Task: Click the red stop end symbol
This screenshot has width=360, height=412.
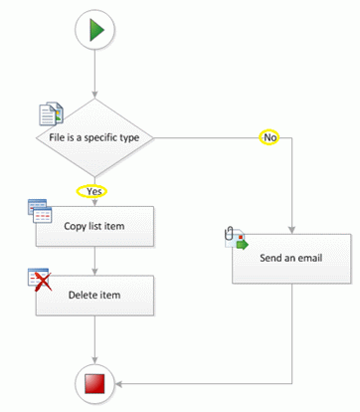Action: tap(95, 382)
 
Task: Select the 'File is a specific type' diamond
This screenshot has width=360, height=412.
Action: tap(95, 136)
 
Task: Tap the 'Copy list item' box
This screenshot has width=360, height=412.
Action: tap(95, 226)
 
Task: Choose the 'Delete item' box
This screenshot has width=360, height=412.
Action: tap(95, 295)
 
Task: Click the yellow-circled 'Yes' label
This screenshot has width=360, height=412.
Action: tap(91, 191)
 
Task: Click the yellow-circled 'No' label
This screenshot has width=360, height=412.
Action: tap(269, 135)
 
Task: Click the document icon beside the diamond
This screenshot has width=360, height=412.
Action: tap(50, 113)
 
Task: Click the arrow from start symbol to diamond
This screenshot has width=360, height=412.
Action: tap(95, 75)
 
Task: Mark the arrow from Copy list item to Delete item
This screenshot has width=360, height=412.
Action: tap(95, 260)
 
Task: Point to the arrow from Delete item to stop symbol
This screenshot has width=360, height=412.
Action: tap(95, 338)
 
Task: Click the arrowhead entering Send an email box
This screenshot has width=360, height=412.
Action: tap(291, 228)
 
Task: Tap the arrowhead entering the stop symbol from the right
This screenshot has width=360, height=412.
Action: tap(121, 382)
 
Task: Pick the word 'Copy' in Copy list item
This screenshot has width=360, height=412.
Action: tap(74, 226)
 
